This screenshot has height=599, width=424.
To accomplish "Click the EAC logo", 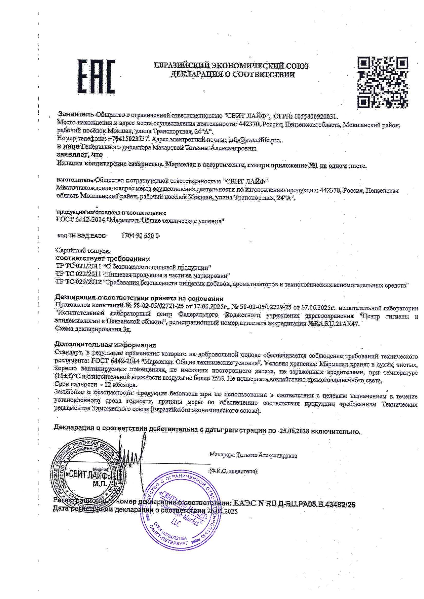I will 96,77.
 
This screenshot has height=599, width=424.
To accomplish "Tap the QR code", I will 383,82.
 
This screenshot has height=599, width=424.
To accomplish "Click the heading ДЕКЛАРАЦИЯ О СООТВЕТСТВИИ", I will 233,74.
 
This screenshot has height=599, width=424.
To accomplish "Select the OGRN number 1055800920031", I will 316,116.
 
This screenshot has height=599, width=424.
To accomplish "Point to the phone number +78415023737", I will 128,139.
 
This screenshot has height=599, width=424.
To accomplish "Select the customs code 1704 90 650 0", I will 140,236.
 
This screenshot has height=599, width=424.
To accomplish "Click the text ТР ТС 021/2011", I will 78,267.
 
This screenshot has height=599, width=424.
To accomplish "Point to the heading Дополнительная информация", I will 105,345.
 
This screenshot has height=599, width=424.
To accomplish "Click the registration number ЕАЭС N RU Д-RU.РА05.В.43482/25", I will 294,504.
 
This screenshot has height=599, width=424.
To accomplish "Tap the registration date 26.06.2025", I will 222,511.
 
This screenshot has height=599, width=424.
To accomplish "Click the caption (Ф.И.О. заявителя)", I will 233,471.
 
